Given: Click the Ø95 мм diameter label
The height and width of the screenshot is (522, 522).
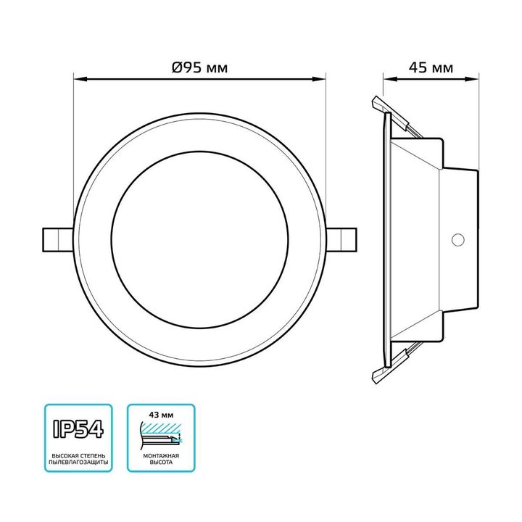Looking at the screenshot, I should coord(199,68).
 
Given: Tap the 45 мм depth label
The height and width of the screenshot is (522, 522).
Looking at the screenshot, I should coord(431,68).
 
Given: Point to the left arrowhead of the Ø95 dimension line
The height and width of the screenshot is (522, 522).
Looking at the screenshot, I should coord(78,78).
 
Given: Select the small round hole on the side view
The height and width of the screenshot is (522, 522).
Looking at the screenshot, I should coord(457,239).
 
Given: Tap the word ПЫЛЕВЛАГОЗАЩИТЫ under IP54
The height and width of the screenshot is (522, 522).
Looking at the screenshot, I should coord(78,462).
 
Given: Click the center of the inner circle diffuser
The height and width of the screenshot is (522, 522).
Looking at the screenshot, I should coord(200,237).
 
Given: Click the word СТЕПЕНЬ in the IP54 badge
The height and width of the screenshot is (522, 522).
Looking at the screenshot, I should coord(93,454).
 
